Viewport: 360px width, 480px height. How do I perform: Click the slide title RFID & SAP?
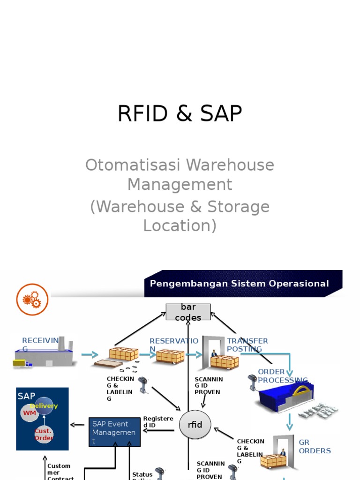(x=180, y=114)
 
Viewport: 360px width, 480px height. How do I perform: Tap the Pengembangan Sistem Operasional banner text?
(x=239, y=284)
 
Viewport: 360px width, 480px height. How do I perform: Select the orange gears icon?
(x=32, y=300)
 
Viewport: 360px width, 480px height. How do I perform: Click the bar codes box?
(x=188, y=312)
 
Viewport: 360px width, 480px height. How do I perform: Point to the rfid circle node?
(x=195, y=425)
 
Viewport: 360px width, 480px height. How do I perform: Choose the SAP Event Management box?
(x=114, y=432)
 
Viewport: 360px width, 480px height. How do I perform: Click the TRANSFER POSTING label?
(x=247, y=345)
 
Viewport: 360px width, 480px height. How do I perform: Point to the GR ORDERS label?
(x=315, y=446)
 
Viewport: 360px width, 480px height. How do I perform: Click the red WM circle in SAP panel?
(x=30, y=412)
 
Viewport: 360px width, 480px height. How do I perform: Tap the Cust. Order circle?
(x=44, y=434)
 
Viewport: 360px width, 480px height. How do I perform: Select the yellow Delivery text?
(x=44, y=406)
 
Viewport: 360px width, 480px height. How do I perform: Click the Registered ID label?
(x=158, y=421)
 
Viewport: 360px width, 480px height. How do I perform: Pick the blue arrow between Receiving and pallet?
(x=90, y=355)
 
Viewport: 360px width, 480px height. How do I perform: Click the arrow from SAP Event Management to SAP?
(x=78, y=425)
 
